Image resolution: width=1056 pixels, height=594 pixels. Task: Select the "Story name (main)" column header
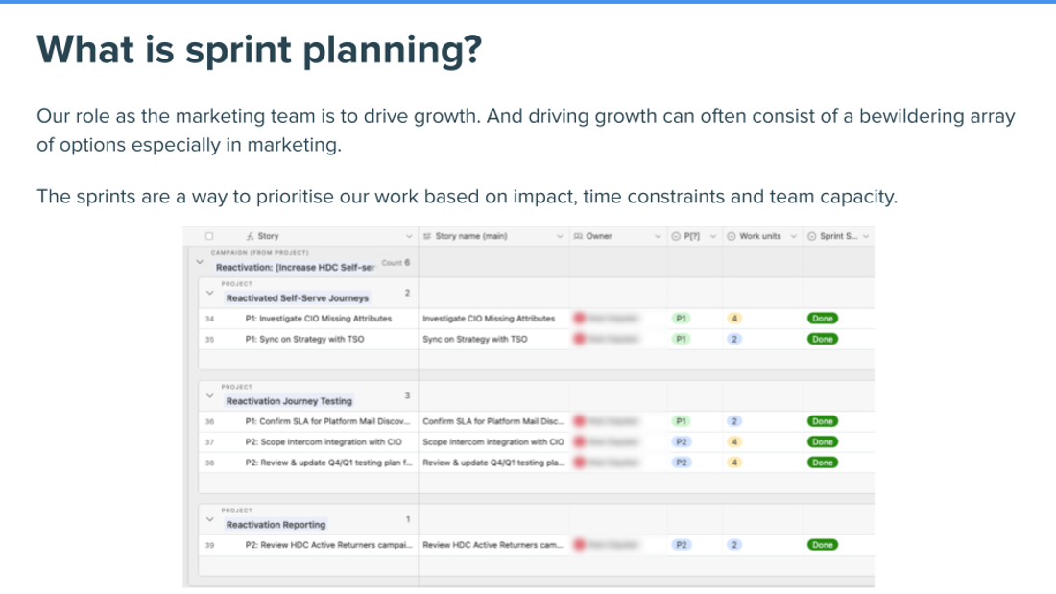click(x=470, y=236)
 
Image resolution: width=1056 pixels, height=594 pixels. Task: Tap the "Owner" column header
click(x=598, y=236)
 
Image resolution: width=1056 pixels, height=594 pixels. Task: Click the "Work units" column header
click(x=759, y=236)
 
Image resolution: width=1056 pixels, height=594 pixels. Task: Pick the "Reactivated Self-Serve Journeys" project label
click(x=297, y=298)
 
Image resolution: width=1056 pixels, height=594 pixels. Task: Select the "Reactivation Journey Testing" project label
click(x=289, y=401)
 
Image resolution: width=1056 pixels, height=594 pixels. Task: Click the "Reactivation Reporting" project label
click(x=276, y=525)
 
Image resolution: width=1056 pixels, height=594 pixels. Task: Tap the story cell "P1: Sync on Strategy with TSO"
click(x=304, y=339)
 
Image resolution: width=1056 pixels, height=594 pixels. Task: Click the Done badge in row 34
click(x=822, y=319)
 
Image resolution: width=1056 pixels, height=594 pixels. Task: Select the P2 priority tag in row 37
click(x=681, y=442)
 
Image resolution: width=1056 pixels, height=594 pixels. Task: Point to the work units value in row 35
click(x=733, y=339)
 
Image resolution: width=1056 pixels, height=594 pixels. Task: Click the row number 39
click(x=208, y=545)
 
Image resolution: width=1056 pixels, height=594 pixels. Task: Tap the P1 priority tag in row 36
click(x=681, y=421)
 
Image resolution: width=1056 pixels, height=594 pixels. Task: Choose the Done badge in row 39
click(x=822, y=545)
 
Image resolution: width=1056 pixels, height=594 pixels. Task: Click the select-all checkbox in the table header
click(x=209, y=236)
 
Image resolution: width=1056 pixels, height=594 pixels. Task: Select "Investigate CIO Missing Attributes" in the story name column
click(x=489, y=319)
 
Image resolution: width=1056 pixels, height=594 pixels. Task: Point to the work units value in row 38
click(x=733, y=463)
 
